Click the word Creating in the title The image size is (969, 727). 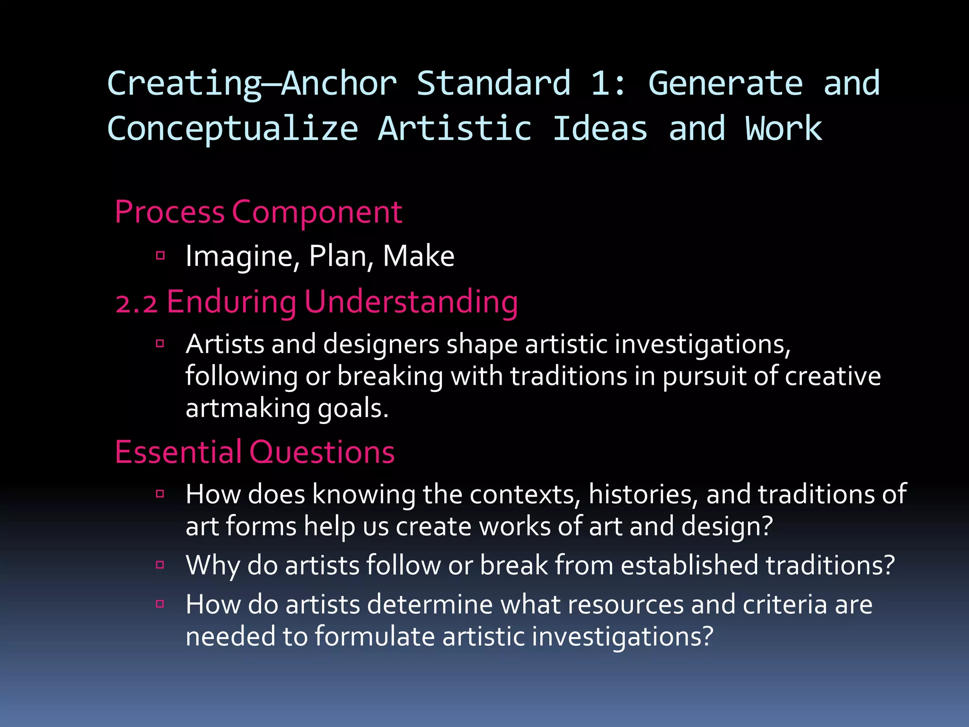(185, 84)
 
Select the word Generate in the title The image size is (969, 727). (725, 84)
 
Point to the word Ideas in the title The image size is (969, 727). (600, 129)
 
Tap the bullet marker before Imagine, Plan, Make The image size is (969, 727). (160, 256)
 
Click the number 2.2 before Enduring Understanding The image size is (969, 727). (136, 303)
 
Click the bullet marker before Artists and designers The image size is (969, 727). (160, 343)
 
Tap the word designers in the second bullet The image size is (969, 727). (381, 344)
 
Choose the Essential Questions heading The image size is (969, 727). (255, 452)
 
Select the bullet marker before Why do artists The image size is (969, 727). (160, 565)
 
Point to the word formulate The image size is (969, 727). (375, 636)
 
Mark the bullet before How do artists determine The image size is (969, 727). (160, 604)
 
